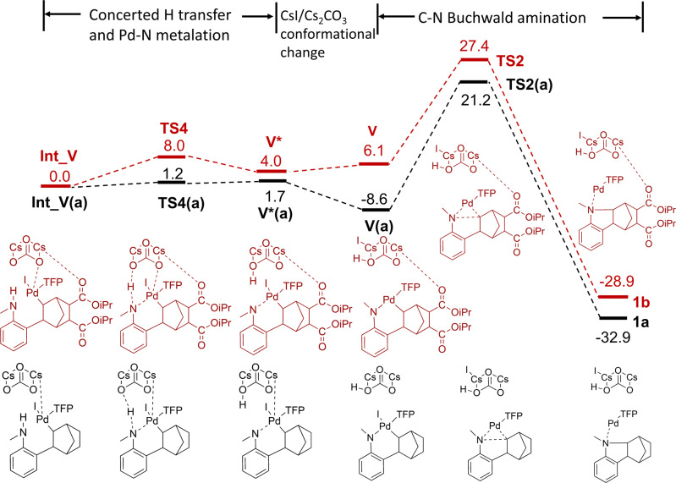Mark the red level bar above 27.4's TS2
tap(474, 60)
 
